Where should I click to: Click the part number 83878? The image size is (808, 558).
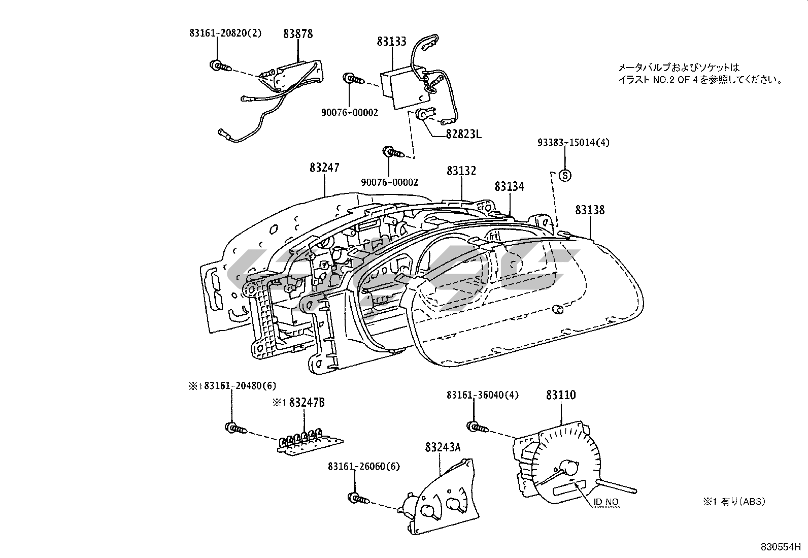(x=298, y=34)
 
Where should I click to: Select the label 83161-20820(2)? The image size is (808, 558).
(x=226, y=33)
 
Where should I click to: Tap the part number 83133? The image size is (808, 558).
(x=391, y=42)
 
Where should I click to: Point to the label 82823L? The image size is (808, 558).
(x=463, y=134)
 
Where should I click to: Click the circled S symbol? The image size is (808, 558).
(x=565, y=175)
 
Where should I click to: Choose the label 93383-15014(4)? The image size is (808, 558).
(x=574, y=143)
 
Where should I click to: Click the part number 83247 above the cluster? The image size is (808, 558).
(x=324, y=168)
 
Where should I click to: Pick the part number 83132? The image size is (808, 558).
(x=461, y=171)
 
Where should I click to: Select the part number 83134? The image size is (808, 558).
(x=510, y=187)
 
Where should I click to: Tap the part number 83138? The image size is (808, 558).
(x=590, y=210)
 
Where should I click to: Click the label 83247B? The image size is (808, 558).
(x=307, y=403)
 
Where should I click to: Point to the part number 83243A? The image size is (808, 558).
(x=443, y=447)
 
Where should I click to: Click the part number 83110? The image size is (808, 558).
(x=561, y=395)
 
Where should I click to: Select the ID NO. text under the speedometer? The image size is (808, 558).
(x=607, y=502)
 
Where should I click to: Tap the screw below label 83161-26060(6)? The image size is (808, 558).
(x=357, y=498)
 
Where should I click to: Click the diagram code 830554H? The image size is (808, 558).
(x=780, y=547)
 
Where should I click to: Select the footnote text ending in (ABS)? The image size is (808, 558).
(x=734, y=502)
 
